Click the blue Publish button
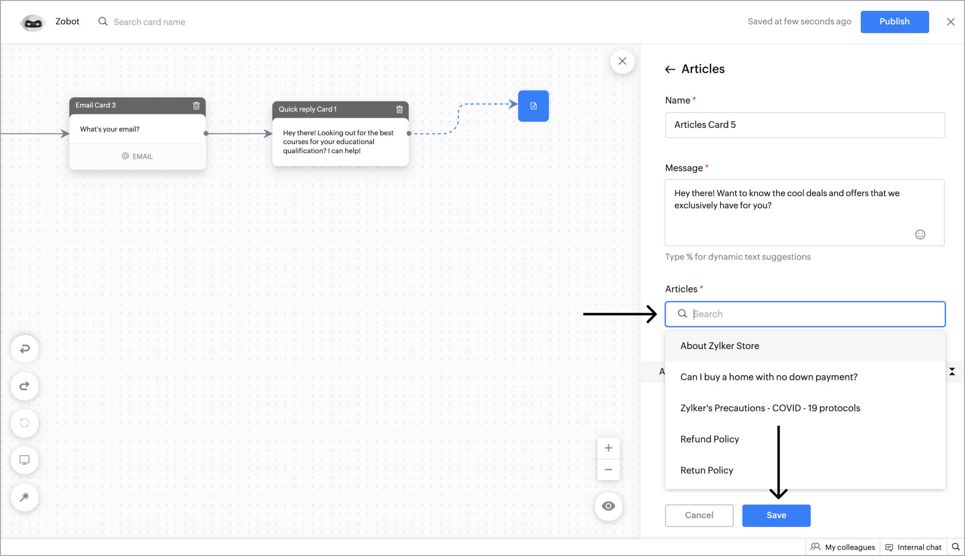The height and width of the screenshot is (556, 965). (x=894, y=22)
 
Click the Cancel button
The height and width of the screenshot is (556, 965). (x=699, y=515)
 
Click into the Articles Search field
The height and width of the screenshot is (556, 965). (x=805, y=314)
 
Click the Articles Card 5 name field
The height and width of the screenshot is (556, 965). (x=805, y=125)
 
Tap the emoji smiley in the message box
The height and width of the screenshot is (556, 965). (x=920, y=234)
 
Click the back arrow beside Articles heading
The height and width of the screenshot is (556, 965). (x=670, y=69)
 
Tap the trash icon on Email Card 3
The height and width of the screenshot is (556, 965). (x=196, y=105)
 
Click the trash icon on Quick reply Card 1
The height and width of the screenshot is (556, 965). (x=399, y=109)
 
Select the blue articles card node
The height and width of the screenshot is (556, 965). (x=533, y=106)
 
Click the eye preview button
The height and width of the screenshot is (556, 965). (x=608, y=506)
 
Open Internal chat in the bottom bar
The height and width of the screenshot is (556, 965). (x=913, y=547)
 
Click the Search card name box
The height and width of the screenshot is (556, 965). (x=150, y=22)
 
